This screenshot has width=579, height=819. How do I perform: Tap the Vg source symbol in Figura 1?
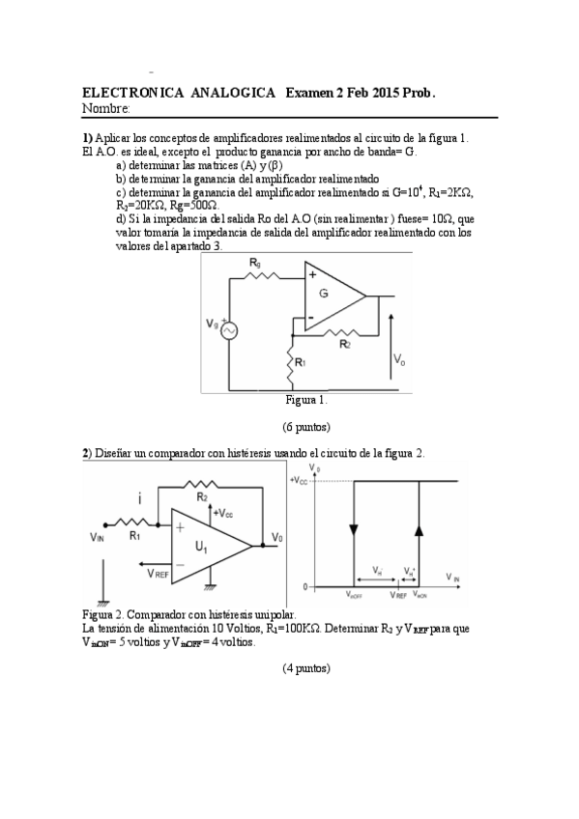coord(231,330)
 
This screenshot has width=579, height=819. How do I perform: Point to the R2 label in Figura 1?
coord(344,342)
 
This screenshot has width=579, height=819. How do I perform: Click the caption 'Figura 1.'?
coord(306,399)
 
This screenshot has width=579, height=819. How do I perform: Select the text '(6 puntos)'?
coord(306,426)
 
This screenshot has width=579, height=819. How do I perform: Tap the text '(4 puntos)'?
coord(306,667)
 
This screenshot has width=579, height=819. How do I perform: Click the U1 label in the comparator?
coord(202,548)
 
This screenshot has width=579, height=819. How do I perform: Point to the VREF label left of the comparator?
coord(160,572)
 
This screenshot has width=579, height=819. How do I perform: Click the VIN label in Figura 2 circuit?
coord(98,537)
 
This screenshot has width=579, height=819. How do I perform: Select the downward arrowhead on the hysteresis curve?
coord(353,529)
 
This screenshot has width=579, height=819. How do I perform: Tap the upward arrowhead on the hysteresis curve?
coord(419,529)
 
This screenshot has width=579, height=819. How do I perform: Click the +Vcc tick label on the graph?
coord(299,480)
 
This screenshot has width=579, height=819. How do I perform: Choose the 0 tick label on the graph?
coord(303,587)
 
